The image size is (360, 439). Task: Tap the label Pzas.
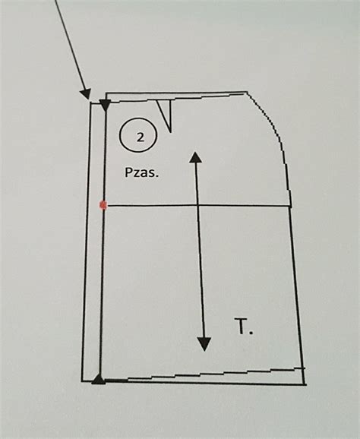click(x=142, y=172)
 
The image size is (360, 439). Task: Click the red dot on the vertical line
click(x=103, y=205)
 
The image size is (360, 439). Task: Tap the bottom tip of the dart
click(x=170, y=131)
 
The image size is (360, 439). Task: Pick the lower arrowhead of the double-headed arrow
click(x=204, y=344)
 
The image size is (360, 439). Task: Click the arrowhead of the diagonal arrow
click(x=86, y=93)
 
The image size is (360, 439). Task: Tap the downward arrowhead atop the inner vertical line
click(x=106, y=106)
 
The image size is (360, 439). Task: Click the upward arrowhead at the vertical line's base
click(x=99, y=379)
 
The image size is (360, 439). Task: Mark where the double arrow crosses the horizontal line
click(x=198, y=206)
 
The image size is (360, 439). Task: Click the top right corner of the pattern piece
click(x=247, y=92)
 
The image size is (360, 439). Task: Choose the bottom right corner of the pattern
click(x=305, y=384)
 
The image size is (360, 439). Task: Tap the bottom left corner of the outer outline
click(x=82, y=381)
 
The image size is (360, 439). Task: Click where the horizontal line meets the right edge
click(x=291, y=207)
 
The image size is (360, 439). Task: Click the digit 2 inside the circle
click(x=140, y=137)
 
